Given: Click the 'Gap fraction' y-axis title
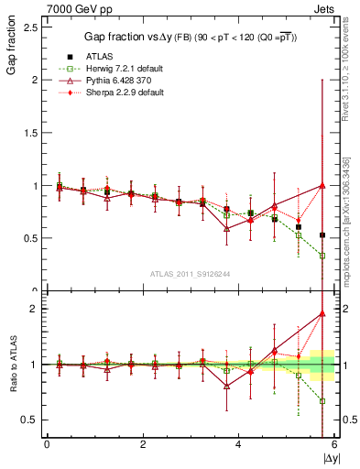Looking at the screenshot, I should (12, 57).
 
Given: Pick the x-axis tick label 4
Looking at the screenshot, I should (239, 445).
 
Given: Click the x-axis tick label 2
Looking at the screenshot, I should (143, 445).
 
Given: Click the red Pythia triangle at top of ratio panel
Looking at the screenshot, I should (322, 313).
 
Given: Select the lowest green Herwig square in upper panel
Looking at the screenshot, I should (322, 256).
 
